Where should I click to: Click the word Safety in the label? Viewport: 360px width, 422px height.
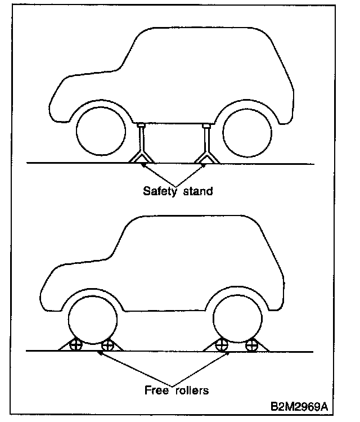pos(158,191)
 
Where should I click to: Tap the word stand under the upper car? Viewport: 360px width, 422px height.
pos(196,191)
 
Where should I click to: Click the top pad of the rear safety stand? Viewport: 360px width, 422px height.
pos(206,125)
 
